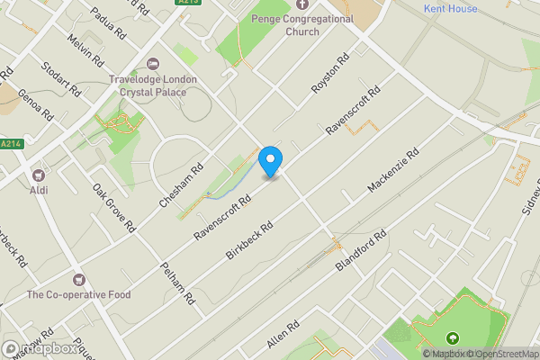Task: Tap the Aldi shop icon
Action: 39,174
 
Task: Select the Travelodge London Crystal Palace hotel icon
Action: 152,65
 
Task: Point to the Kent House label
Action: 451,8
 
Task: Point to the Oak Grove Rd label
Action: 114,207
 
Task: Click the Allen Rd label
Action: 282,336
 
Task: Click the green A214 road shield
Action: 11,144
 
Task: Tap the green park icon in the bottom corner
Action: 452,338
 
